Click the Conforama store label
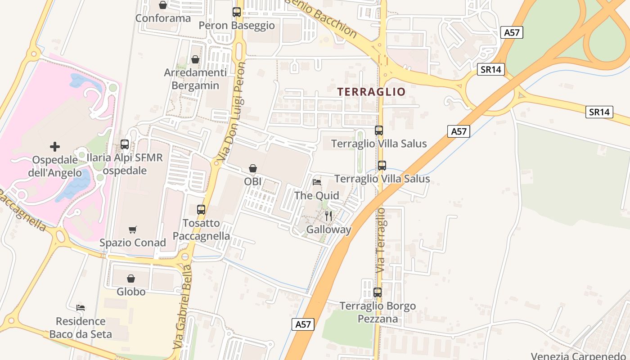coord(163,18)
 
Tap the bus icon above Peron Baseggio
coord(237,12)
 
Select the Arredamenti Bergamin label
coord(195,79)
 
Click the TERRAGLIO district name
coord(372,92)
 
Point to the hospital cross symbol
coord(55,147)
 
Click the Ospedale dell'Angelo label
coord(55,166)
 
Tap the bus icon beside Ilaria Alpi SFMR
coord(125,145)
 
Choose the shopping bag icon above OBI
coord(253,169)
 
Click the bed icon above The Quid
coord(317,182)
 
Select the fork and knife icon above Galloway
coord(328,216)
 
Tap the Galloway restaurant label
coord(328,229)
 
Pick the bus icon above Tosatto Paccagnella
coord(201,210)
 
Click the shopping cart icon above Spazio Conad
coord(133,230)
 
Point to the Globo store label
coord(131,292)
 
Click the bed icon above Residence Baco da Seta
coord(81,308)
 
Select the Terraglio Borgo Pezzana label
coord(378,312)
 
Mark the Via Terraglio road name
coord(381,239)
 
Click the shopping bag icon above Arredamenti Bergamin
coord(195,59)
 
